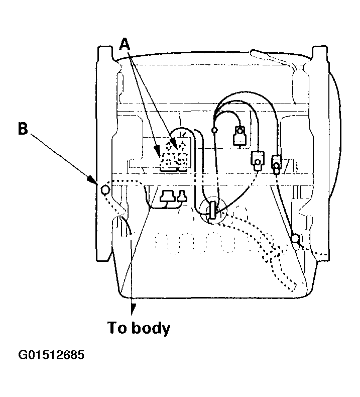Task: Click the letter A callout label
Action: click(x=125, y=44)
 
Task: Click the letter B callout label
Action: click(x=23, y=129)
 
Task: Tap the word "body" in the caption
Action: click(x=151, y=328)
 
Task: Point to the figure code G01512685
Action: click(x=51, y=355)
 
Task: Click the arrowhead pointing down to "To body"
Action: click(x=132, y=310)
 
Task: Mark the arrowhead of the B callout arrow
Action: click(x=92, y=179)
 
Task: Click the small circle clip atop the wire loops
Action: click(x=214, y=130)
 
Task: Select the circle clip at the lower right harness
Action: click(x=295, y=238)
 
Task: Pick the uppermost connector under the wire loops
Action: click(x=239, y=136)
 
